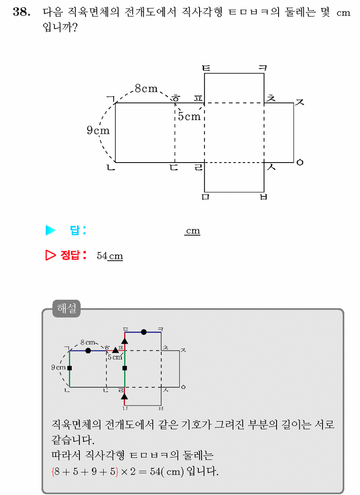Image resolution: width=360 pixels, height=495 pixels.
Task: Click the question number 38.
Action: click(x=22, y=11)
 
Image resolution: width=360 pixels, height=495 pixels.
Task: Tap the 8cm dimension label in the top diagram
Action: click(x=146, y=88)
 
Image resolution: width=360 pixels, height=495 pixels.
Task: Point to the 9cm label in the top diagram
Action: click(x=98, y=130)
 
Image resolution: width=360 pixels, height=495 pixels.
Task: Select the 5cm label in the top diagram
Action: click(x=189, y=116)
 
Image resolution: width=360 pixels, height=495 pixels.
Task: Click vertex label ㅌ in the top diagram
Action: click(x=206, y=68)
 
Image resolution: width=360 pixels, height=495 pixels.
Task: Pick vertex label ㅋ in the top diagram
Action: click(x=263, y=68)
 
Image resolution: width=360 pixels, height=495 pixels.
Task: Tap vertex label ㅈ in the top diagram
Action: click(x=300, y=102)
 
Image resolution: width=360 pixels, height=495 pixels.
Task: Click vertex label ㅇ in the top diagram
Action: click(x=300, y=163)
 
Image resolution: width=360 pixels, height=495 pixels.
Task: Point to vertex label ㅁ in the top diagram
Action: click(x=205, y=197)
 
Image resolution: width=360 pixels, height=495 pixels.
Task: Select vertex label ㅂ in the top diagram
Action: click(x=263, y=197)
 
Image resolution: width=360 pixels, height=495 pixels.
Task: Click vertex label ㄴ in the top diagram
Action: click(x=111, y=167)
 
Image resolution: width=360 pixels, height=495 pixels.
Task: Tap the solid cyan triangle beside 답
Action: click(x=50, y=230)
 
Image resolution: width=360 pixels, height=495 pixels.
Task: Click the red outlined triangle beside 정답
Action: click(x=50, y=255)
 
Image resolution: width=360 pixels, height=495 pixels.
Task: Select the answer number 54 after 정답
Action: click(x=102, y=256)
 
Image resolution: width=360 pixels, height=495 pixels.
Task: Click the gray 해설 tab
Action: click(x=66, y=308)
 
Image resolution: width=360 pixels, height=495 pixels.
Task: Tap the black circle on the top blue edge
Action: click(x=144, y=332)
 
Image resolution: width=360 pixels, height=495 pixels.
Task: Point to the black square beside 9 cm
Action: click(x=70, y=368)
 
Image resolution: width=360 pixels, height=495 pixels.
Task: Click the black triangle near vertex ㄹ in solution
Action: click(x=125, y=396)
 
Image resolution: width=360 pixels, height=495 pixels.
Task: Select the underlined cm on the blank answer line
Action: click(x=193, y=231)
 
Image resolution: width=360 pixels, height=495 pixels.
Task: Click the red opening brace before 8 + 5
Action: click(x=53, y=471)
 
